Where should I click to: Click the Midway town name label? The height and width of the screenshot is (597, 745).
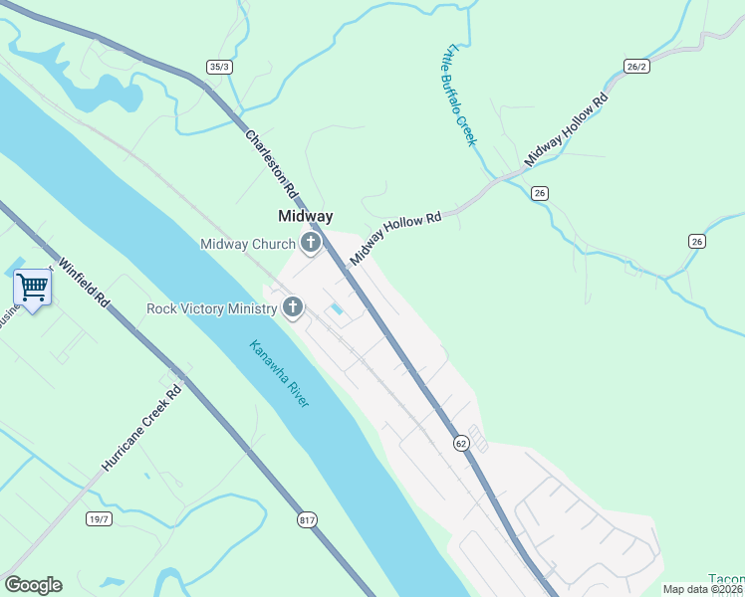(305, 216)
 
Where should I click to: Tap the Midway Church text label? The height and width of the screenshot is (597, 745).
(247, 244)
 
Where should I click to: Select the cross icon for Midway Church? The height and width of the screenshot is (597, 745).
(311, 243)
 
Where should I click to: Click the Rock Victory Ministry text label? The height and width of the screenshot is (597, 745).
(211, 308)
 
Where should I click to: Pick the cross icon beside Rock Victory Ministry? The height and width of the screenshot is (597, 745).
(293, 307)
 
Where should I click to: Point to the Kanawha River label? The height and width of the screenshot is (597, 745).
(279, 373)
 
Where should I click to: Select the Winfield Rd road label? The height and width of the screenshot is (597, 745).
(84, 282)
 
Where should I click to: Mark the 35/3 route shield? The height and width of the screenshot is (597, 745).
(219, 67)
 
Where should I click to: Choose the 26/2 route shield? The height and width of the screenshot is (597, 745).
(637, 67)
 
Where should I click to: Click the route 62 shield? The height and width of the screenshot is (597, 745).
(460, 442)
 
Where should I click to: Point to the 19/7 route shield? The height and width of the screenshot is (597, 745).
(100, 518)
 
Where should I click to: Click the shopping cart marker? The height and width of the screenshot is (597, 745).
(32, 288)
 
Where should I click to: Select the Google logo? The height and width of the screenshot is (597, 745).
(33, 585)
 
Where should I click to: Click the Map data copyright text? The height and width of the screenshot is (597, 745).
(703, 589)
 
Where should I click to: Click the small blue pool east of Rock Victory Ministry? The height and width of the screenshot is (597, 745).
(337, 311)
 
